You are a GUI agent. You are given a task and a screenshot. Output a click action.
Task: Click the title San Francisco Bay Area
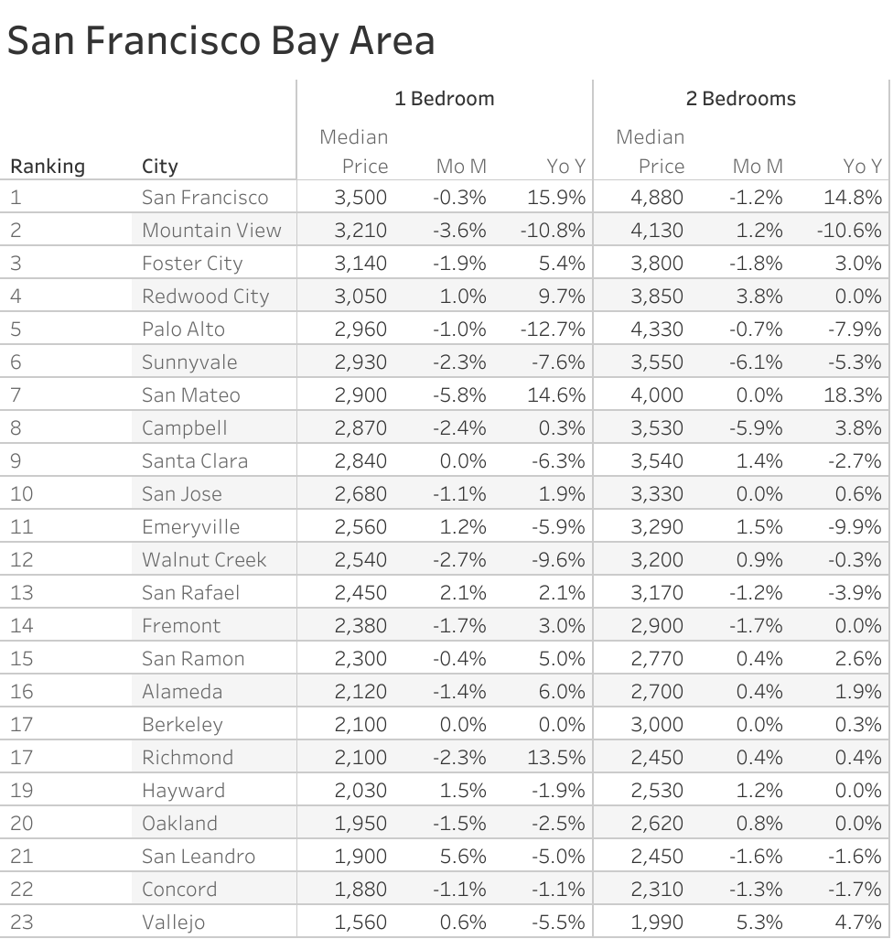pyautogui.click(x=221, y=41)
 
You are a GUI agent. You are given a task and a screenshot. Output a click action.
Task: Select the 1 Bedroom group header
pyautogui.click(x=444, y=99)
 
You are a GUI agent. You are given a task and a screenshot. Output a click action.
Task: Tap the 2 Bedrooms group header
pyautogui.click(x=740, y=99)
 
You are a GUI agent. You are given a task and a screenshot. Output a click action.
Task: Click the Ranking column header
pyautogui.click(x=47, y=167)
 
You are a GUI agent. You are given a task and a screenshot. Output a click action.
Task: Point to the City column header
pyautogui.click(x=160, y=167)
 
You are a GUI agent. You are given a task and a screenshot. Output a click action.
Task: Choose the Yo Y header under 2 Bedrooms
pyautogui.click(x=862, y=167)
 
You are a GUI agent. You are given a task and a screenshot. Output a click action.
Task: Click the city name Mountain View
pyautogui.click(x=211, y=231)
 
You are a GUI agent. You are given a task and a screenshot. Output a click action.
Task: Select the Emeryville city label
pyautogui.click(x=190, y=527)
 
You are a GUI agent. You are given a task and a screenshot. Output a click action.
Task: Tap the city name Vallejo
pyautogui.click(x=173, y=923)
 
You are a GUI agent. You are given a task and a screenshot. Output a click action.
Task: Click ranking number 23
pyautogui.click(x=21, y=923)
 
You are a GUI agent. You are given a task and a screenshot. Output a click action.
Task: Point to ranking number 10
pyautogui.click(x=21, y=494)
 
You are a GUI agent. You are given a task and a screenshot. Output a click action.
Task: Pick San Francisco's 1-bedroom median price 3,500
pyautogui.click(x=360, y=198)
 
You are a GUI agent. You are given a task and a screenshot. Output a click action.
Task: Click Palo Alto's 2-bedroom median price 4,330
pyautogui.click(x=657, y=329)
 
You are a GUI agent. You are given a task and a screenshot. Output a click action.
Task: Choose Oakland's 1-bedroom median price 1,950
pyautogui.click(x=360, y=824)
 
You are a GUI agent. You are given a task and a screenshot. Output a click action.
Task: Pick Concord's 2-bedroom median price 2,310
pyautogui.click(x=657, y=890)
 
